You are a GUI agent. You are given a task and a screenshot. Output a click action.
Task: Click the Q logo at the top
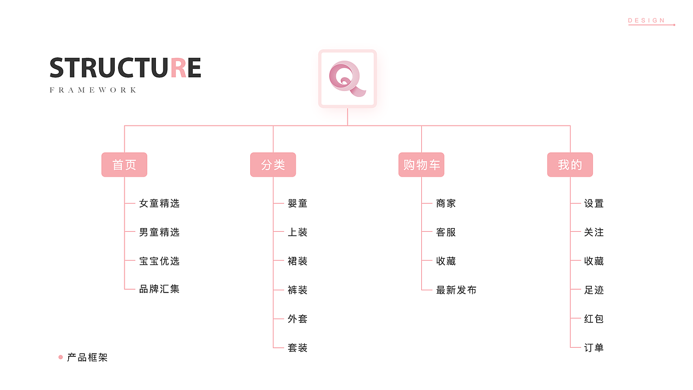347,79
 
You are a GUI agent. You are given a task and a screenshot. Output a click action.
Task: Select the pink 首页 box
124,165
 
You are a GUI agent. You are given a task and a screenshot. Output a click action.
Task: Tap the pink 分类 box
273,165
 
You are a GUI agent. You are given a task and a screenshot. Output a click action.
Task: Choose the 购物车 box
421,165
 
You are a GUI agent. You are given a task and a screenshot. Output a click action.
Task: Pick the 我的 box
570,165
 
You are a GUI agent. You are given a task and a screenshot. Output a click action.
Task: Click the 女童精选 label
159,204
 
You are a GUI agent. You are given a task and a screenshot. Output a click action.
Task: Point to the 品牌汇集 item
159,289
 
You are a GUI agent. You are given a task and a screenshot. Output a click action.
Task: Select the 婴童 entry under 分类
298,204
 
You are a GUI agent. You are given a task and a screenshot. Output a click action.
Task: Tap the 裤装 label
298,290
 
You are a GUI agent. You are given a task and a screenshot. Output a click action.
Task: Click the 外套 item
298,319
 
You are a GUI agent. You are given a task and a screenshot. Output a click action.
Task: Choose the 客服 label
446,232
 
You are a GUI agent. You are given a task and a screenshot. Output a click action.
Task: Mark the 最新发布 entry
456,290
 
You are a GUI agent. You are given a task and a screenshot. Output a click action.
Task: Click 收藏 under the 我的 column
594,261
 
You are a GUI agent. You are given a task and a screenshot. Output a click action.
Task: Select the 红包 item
594,319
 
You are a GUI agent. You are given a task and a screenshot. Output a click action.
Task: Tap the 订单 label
594,348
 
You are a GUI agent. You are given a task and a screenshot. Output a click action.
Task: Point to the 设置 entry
594,204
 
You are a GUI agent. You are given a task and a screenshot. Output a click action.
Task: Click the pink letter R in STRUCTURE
178,68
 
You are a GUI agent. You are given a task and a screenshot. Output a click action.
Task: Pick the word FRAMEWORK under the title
93,90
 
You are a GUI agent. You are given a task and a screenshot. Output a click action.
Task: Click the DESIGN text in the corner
646,21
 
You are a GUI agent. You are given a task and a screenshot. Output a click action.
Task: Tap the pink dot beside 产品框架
61,357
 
